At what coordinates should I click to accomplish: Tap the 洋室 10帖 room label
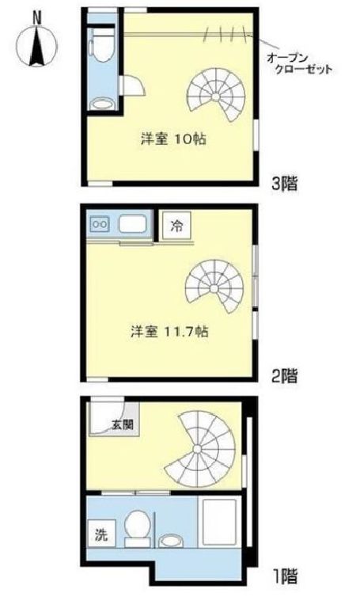[173, 139]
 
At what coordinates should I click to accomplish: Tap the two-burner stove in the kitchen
[100, 224]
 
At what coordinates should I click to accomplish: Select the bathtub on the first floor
[222, 525]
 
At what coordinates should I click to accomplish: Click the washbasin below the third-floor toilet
[100, 103]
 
